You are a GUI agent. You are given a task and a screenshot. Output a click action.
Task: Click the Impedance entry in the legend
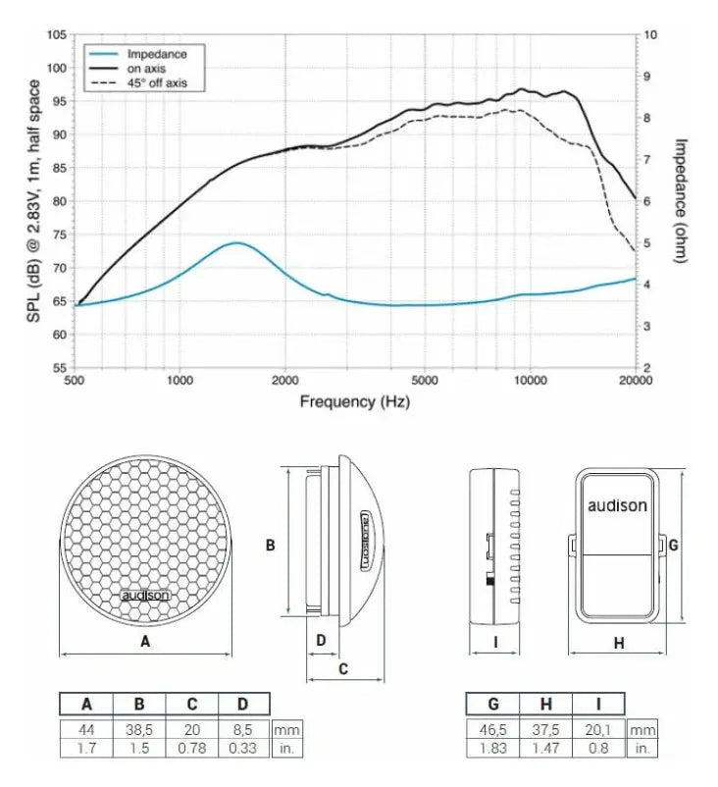(157, 54)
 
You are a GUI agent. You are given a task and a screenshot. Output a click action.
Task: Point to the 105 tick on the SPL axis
(56, 35)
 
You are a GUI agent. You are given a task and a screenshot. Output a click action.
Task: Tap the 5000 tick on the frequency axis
(425, 381)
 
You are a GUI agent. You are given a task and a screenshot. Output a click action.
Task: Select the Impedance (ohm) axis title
(679, 200)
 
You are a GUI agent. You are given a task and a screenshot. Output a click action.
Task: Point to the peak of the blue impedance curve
(237, 242)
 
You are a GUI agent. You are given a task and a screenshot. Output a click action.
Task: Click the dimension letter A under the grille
(146, 642)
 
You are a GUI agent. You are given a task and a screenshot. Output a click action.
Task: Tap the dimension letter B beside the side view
(271, 545)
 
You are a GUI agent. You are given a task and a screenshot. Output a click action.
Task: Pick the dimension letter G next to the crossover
(674, 545)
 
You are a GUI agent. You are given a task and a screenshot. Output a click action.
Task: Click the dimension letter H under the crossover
(619, 644)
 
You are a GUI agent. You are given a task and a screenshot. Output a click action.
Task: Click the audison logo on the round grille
(145, 595)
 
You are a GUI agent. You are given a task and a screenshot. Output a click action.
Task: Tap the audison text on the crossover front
(617, 506)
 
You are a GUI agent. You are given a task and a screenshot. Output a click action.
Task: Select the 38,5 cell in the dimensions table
(139, 730)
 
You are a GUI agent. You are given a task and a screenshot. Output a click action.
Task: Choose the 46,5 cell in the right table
(492, 730)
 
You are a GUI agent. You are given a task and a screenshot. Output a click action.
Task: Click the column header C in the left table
(192, 704)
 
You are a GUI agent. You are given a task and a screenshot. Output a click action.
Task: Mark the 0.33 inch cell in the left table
(244, 749)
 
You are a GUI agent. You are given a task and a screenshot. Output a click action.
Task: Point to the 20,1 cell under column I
(597, 730)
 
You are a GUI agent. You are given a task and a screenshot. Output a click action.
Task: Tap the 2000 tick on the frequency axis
(284, 381)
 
